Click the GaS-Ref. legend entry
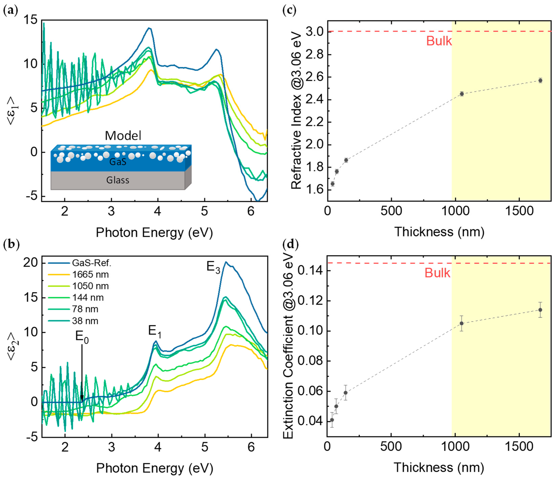(x=91, y=263)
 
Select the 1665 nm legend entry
(x=90, y=275)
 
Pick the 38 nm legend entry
(x=85, y=321)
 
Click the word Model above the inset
(x=123, y=136)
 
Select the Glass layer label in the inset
(x=118, y=180)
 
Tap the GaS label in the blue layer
(x=118, y=162)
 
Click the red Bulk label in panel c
(x=439, y=41)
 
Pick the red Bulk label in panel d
(x=437, y=273)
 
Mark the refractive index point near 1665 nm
(x=540, y=80)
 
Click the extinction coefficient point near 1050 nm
(x=462, y=323)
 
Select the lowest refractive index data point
(x=332, y=184)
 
